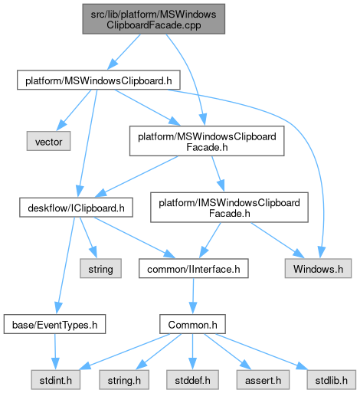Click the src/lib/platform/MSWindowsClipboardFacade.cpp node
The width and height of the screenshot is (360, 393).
(x=154, y=19)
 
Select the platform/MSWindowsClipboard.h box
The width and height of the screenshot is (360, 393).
(x=99, y=80)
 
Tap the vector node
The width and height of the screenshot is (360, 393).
(x=48, y=141)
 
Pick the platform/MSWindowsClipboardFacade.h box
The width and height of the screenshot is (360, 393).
(x=207, y=141)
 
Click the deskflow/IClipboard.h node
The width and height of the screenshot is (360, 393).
(x=76, y=208)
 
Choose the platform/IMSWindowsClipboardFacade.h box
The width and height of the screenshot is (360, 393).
(x=229, y=208)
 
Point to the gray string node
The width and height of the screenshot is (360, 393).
(x=100, y=268)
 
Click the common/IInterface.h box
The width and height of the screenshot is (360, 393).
(x=194, y=268)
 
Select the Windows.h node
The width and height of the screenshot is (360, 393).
(x=318, y=268)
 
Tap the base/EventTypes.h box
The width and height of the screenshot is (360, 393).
(x=54, y=324)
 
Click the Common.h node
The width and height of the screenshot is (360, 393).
(x=192, y=324)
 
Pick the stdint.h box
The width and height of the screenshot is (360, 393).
(x=56, y=380)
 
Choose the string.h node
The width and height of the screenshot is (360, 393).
(x=124, y=380)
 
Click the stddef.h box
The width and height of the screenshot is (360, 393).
(x=192, y=380)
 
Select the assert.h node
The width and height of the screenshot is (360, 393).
(x=263, y=380)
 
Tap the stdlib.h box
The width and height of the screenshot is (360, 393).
(x=332, y=380)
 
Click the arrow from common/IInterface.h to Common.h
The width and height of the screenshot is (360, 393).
(x=193, y=296)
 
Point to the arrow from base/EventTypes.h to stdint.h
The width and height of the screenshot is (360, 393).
(x=55, y=352)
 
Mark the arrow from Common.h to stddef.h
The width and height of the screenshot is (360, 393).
(x=192, y=352)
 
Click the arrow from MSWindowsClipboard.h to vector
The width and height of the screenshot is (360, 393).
(x=74, y=110)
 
